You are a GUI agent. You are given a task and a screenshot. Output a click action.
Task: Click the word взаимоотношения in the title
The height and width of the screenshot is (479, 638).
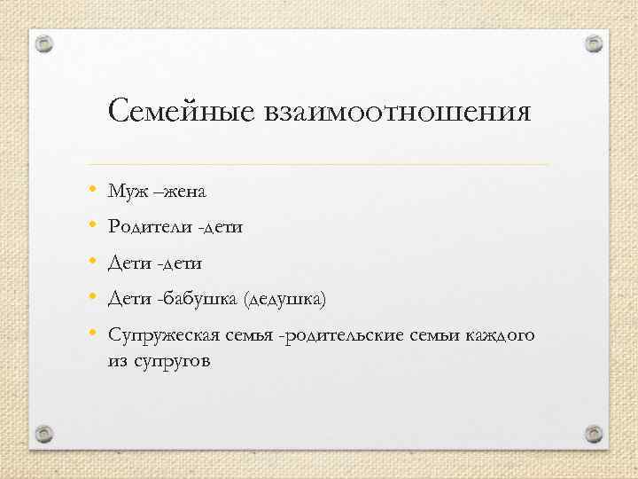pos(398,113)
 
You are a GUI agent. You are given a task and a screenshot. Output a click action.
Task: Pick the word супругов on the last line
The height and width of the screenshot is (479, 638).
pos(169,363)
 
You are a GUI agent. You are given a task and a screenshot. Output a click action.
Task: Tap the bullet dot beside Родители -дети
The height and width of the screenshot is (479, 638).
pos(92,226)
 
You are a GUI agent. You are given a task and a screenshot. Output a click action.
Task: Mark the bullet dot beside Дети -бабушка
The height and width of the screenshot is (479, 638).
pos(92,299)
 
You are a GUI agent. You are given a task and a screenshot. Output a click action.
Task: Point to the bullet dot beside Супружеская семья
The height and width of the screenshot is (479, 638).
pos(92,335)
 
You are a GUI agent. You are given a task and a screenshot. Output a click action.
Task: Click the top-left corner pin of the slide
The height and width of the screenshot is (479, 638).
pos(43,43)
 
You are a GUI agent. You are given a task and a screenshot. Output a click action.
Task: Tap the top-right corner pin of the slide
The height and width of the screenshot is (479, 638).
pos(595,43)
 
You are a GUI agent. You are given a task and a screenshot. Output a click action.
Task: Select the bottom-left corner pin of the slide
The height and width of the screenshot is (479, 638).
pos(43,434)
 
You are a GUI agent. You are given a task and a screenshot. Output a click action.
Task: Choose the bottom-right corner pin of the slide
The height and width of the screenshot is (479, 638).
pos(595,434)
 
